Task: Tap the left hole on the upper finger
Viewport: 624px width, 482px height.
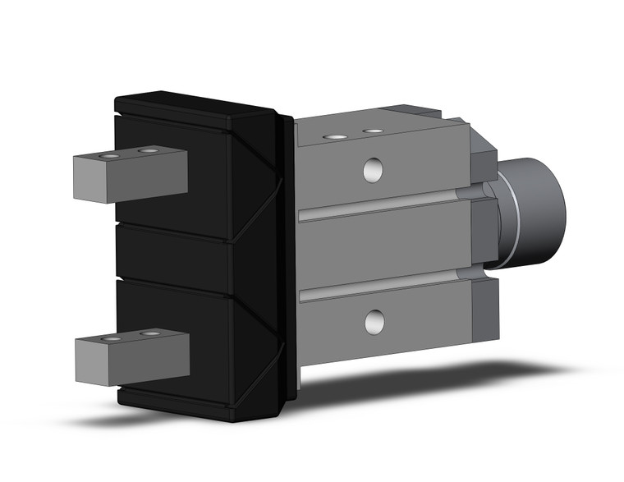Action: tap(108, 155)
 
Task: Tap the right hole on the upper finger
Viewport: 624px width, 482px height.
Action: tap(148, 151)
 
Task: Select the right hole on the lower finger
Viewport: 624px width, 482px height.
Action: tap(150, 334)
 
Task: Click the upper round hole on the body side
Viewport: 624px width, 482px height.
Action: tap(374, 170)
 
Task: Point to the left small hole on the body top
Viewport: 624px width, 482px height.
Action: tap(333, 136)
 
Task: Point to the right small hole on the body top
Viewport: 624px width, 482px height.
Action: tap(374, 131)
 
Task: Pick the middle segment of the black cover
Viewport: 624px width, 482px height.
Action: tap(177, 255)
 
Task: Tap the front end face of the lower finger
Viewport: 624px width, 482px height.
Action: tap(91, 363)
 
